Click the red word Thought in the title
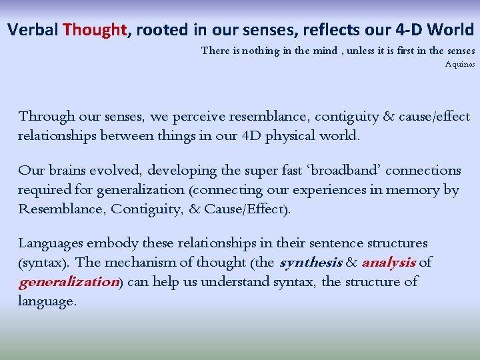point(95,30)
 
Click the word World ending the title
point(451,30)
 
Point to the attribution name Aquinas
point(460,65)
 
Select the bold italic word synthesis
point(311,263)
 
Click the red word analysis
point(389,263)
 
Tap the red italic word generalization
point(68,282)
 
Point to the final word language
point(47,301)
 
